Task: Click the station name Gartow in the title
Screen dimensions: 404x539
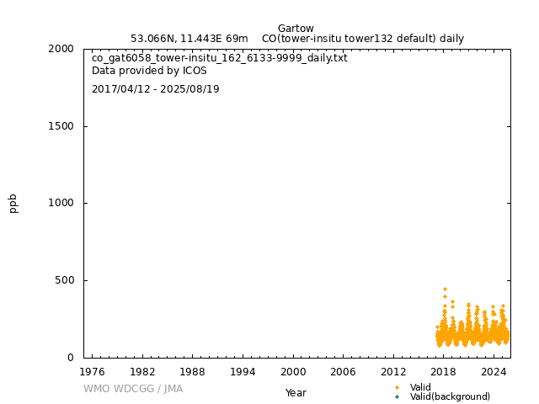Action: point(296,29)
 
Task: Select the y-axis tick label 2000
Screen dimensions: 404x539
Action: point(61,49)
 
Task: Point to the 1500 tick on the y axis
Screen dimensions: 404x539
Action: point(61,126)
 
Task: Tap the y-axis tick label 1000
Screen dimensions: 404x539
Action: point(61,203)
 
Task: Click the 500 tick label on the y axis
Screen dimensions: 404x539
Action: point(65,280)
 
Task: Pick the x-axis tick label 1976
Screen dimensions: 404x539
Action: point(92,371)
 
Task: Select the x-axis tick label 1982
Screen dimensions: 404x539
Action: point(142,371)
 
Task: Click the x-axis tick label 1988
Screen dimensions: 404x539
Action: point(192,371)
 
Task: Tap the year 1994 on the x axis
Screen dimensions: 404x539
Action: point(243,371)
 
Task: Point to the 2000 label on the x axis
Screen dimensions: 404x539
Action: point(293,371)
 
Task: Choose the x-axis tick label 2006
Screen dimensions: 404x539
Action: point(343,371)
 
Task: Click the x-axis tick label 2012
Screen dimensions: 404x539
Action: point(393,371)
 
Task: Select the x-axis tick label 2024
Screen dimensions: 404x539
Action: point(494,371)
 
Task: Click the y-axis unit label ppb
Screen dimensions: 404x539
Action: point(13,203)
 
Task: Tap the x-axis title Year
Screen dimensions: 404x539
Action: point(296,393)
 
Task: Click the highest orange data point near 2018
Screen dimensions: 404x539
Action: point(445,290)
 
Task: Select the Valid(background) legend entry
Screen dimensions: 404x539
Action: point(450,396)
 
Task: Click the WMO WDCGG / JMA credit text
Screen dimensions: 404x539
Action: point(133,389)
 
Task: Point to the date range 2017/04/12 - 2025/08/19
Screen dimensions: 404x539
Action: point(156,89)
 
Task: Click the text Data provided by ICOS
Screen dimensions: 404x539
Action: point(149,71)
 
